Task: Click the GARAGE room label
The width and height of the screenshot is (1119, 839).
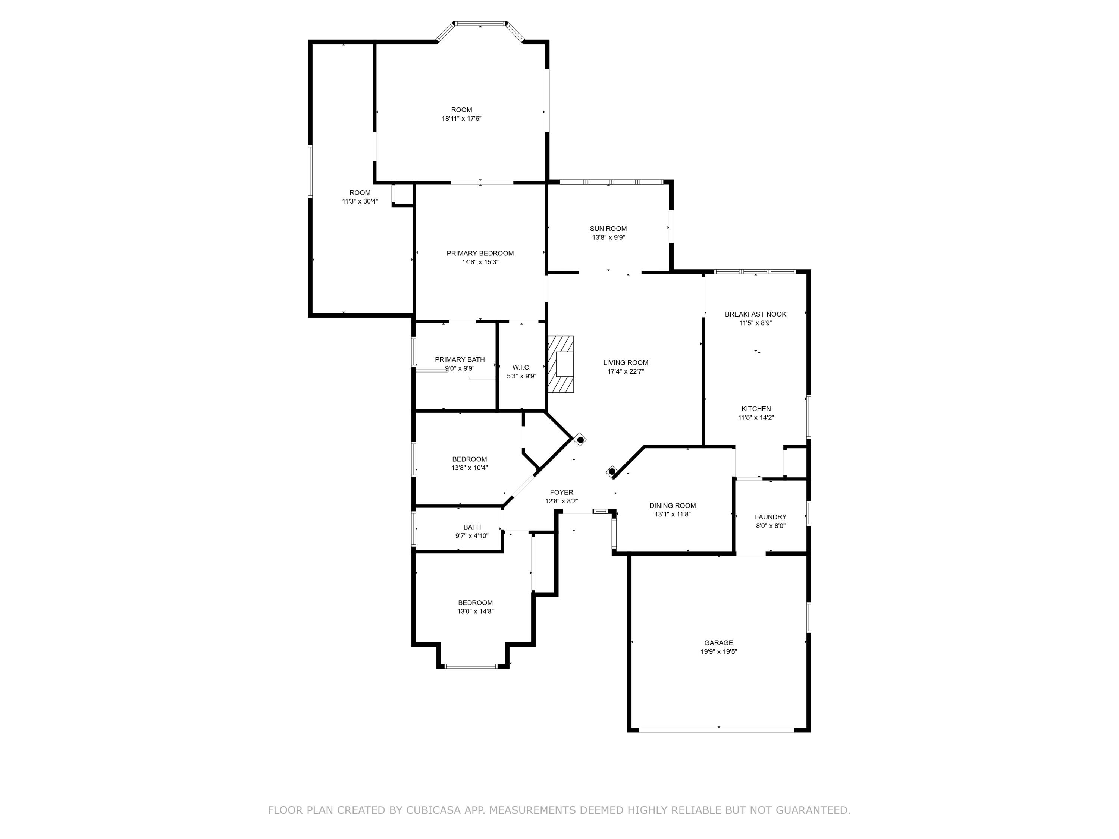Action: [x=718, y=643]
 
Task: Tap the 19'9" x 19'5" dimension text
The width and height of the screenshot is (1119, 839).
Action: [x=718, y=652]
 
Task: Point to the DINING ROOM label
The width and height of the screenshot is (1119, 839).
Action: [x=672, y=505]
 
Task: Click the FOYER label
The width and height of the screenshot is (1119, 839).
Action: [x=561, y=492]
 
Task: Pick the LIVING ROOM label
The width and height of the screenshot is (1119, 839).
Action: [x=625, y=362]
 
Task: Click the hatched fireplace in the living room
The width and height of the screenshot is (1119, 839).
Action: [x=561, y=364]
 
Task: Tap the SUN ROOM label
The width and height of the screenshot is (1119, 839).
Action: [x=608, y=229]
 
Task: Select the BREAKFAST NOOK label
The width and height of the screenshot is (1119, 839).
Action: [x=755, y=314]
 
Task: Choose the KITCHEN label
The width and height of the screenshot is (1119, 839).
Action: [x=756, y=409]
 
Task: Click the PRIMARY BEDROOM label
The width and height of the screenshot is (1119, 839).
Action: [x=480, y=253]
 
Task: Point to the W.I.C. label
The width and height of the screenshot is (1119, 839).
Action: [x=521, y=368]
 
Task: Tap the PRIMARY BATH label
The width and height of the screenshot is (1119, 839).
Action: [x=459, y=359]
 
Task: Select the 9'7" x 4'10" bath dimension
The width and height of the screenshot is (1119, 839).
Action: [x=471, y=535]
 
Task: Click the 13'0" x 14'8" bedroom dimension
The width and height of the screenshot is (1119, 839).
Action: [x=475, y=612]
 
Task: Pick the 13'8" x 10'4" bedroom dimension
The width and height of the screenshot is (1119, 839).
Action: [x=470, y=468]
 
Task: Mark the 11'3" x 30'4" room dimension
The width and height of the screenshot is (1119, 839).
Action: [x=360, y=201]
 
